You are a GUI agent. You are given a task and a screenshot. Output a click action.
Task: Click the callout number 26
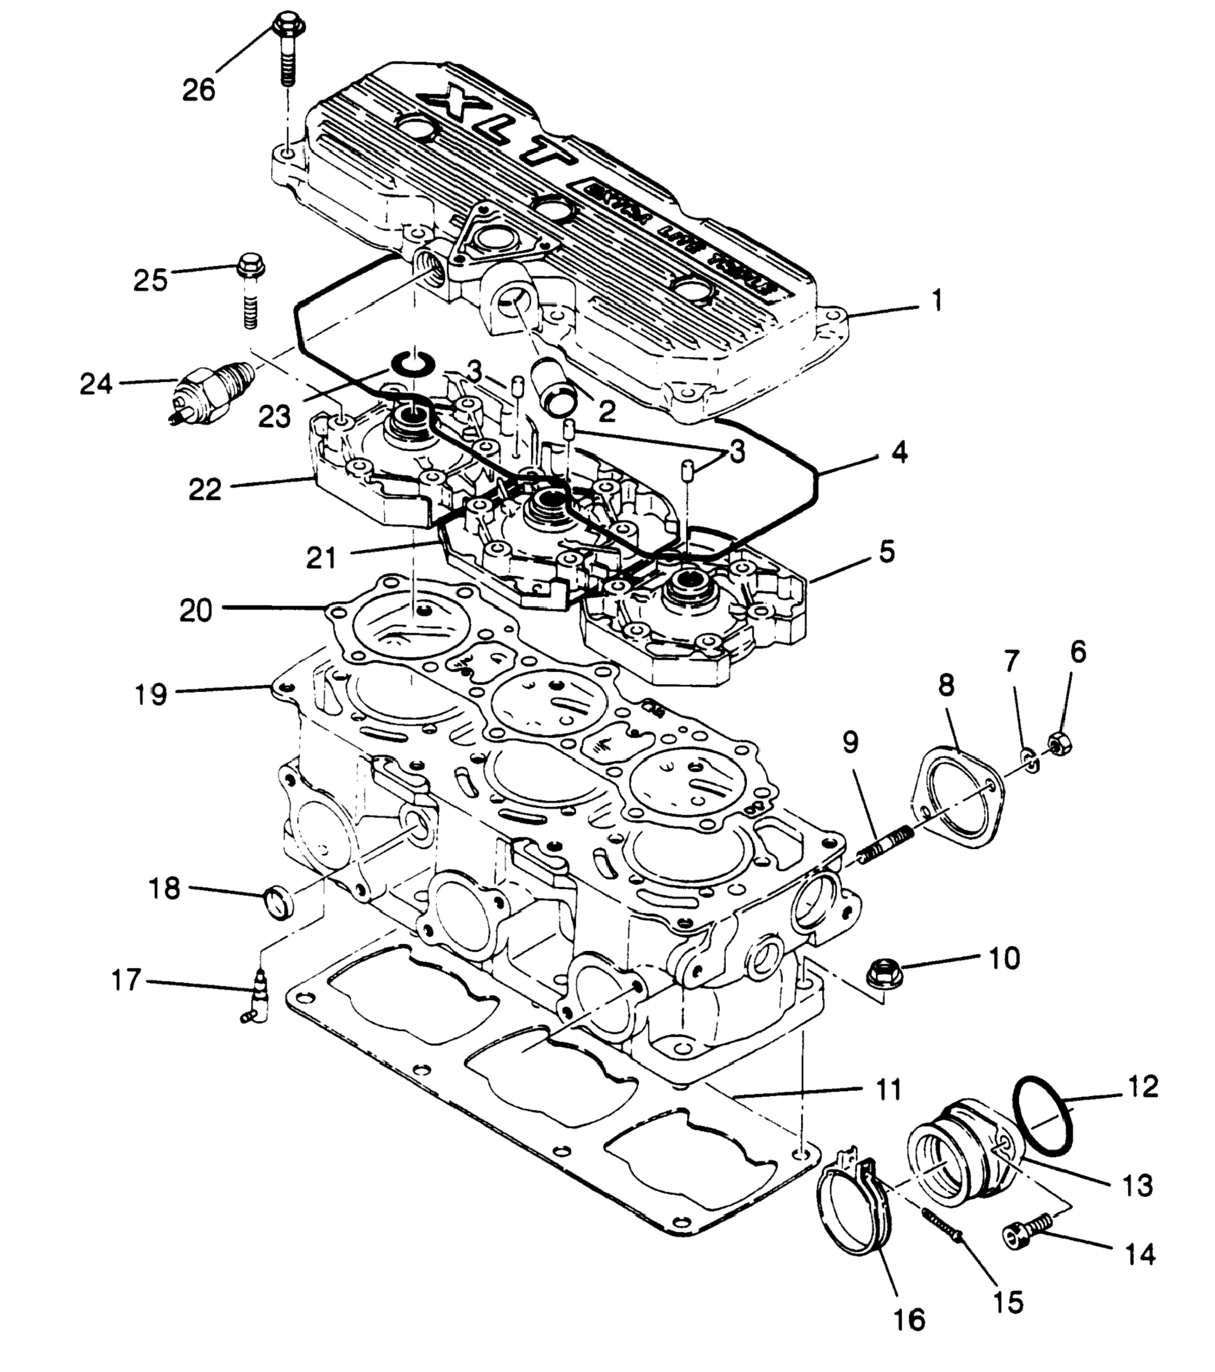click(199, 90)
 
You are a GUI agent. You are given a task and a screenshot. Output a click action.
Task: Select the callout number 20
click(196, 611)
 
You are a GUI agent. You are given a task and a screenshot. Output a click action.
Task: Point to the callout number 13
click(1137, 1185)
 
